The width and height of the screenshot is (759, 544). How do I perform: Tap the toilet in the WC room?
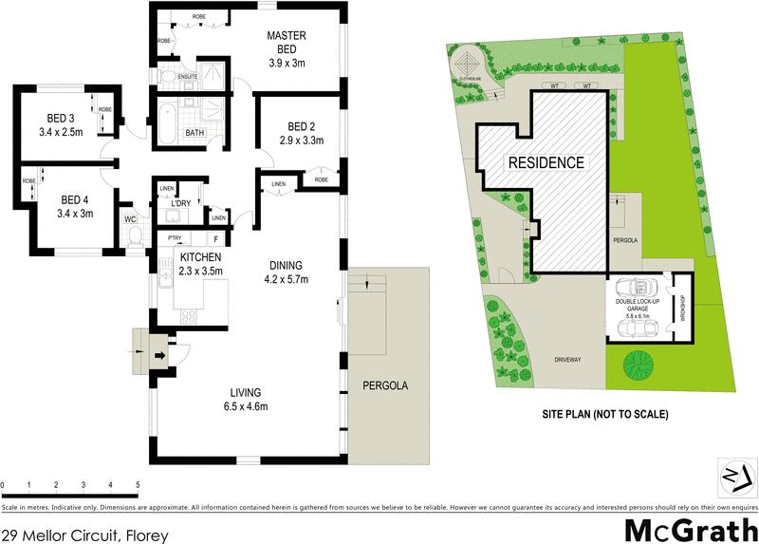click(x=133, y=234)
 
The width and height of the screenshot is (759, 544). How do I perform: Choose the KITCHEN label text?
click(x=199, y=257)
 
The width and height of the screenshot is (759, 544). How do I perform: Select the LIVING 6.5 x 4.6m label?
click(x=244, y=400)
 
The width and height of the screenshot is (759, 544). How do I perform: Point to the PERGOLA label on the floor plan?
click(x=384, y=386)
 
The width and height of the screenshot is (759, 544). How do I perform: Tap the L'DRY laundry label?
click(x=180, y=204)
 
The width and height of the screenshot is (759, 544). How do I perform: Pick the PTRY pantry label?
click(x=174, y=238)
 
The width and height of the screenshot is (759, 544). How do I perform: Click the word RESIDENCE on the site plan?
click(x=546, y=162)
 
